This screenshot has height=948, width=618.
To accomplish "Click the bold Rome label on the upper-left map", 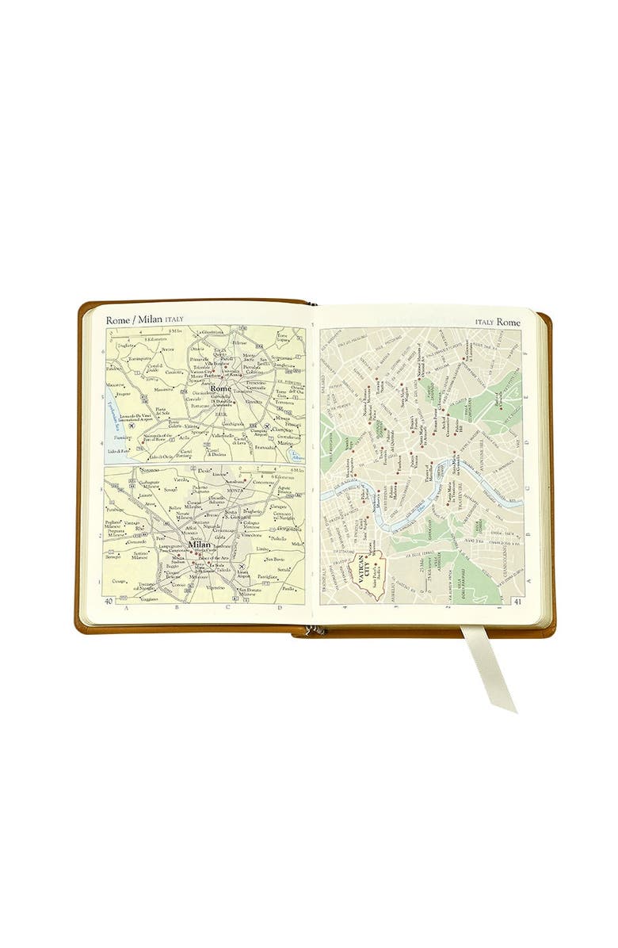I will [221, 388].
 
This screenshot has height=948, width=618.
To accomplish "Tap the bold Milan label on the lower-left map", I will [200, 545].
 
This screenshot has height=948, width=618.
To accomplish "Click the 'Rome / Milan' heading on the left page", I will [134, 319].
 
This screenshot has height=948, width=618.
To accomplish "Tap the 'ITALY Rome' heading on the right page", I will [498, 323].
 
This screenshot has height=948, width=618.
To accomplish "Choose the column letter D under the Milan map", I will [280, 608].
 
